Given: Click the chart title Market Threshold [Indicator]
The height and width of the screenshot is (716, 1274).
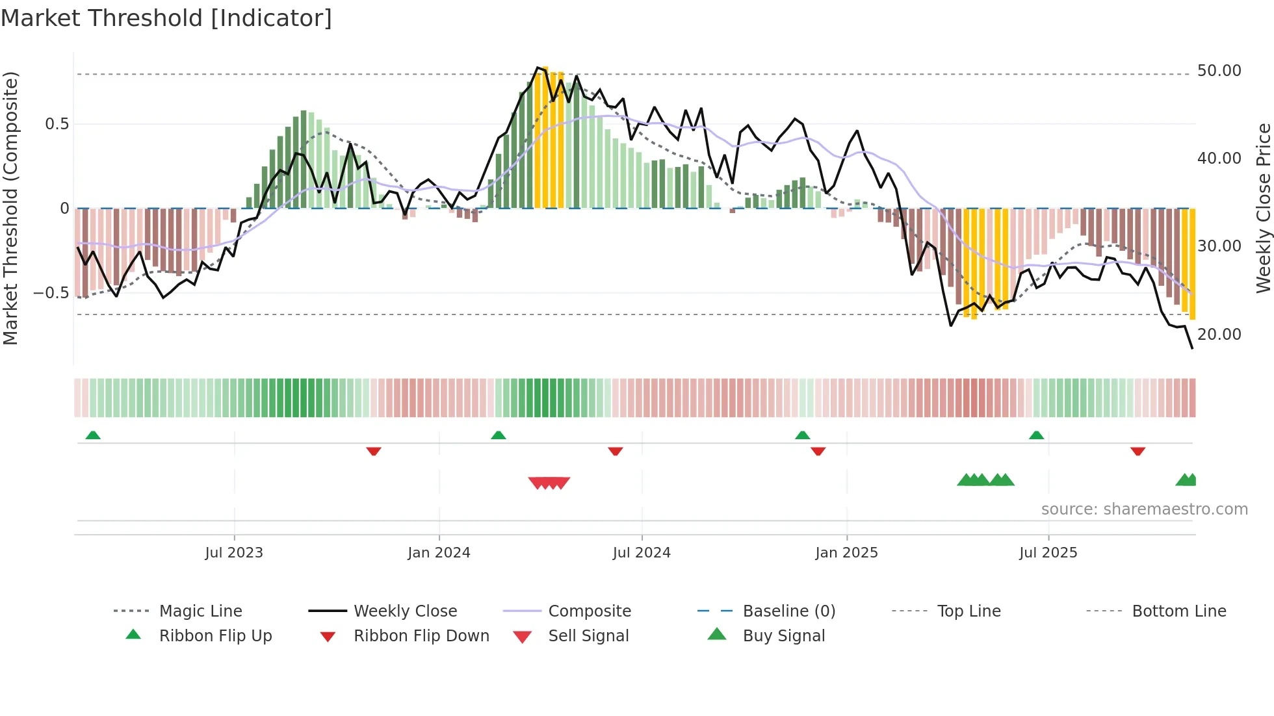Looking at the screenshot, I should point(166,18).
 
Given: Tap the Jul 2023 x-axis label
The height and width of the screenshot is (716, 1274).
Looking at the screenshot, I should point(234,553).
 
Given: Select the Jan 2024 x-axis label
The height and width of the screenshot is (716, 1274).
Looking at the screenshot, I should point(439,553).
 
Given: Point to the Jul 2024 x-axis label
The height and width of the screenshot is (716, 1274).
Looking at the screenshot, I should point(642,553).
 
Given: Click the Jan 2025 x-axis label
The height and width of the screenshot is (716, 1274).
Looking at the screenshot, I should point(846,553).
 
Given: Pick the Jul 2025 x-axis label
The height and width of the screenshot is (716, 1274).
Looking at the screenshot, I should point(1048,553).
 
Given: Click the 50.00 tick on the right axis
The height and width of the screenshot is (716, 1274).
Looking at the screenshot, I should point(1219,71).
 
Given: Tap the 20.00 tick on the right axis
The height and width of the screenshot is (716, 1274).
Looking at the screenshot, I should point(1219,335).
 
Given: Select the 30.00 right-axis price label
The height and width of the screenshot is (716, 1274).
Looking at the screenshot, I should point(1219,246).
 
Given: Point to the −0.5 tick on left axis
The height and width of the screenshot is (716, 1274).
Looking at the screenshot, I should point(51,293).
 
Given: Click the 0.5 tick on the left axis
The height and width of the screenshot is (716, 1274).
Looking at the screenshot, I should point(57,124).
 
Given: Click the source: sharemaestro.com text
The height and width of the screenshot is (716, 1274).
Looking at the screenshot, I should point(1144,509).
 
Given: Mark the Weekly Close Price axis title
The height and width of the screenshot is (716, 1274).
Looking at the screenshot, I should point(1263,208).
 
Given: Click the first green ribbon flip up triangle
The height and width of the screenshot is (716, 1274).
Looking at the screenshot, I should point(93,435).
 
